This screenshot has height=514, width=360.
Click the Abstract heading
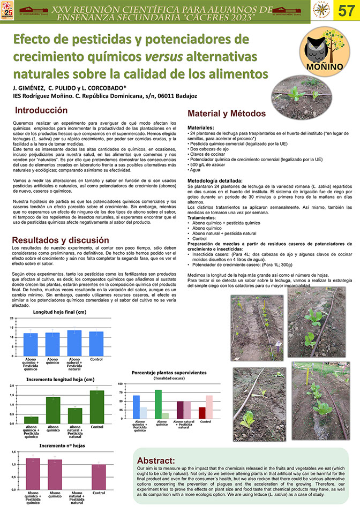tap(155, 460)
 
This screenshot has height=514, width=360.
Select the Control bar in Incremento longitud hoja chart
tap(97, 407)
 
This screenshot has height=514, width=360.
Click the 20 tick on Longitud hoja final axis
tap(12, 319)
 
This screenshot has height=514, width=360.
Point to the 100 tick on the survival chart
tap(121, 384)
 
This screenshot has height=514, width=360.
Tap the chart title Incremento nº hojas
tap(62, 445)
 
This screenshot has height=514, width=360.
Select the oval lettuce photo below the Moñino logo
tap(297, 93)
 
